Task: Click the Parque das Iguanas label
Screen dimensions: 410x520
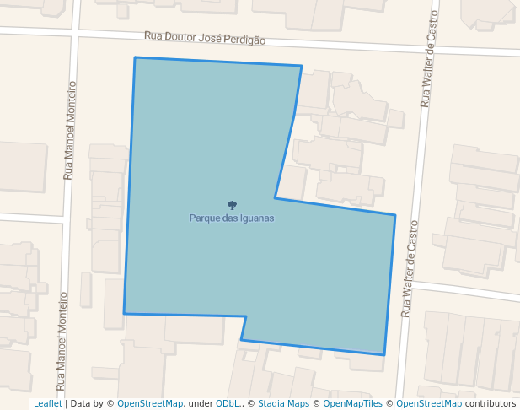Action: (x=232, y=218)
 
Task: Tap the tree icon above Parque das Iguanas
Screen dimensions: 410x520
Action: (x=232, y=205)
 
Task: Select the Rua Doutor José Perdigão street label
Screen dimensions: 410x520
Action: (x=205, y=39)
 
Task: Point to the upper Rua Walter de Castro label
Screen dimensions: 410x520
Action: (x=430, y=59)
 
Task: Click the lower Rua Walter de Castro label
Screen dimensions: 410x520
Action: (x=410, y=268)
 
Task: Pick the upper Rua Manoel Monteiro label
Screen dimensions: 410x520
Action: (x=70, y=130)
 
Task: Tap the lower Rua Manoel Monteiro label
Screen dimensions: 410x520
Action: (x=62, y=341)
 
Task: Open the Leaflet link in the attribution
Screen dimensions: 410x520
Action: (x=47, y=404)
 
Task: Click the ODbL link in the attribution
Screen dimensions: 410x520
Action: (x=228, y=404)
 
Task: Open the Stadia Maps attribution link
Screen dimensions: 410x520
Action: (x=283, y=404)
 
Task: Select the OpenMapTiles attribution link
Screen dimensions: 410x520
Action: (x=352, y=404)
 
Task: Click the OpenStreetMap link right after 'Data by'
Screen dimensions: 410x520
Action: (x=150, y=404)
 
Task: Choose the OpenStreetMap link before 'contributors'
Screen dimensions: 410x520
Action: (x=429, y=404)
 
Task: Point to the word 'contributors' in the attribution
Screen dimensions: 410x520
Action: (x=491, y=404)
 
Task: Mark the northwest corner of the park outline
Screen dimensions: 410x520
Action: (x=135, y=57)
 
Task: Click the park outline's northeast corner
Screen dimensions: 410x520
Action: (x=301, y=66)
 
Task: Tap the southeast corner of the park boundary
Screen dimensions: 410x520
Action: (x=384, y=355)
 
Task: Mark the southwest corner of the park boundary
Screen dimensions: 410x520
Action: (x=124, y=314)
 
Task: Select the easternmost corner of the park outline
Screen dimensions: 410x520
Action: (x=395, y=215)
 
